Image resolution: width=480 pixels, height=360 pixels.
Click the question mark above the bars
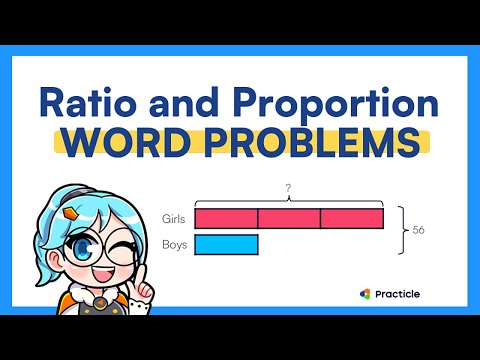[x=288, y=188]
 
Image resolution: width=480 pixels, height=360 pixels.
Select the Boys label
[x=174, y=243]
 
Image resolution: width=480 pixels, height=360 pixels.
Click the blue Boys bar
[x=226, y=243]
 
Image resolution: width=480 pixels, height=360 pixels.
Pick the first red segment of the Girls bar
[x=226, y=218]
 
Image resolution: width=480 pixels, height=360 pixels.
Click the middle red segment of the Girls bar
[x=289, y=218]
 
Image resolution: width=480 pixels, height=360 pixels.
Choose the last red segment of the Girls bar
[x=352, y=218]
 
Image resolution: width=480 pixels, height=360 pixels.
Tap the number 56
[x=419, y=230]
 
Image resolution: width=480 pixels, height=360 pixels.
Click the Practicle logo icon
[x=367, y=293]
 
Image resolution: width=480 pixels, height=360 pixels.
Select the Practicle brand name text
[x=398, y=293]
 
